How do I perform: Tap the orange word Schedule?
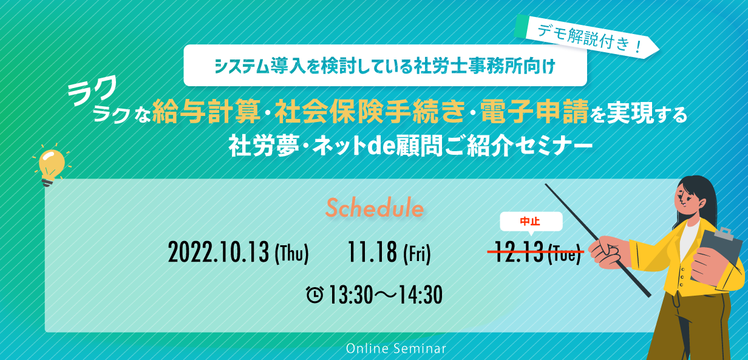[375, 208]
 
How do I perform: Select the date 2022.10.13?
[219, 253]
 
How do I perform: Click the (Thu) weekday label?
[291, 254]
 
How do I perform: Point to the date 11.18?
[372, 253]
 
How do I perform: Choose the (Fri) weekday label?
[417, 254]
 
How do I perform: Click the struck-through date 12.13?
[518, 252]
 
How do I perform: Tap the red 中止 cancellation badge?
[531, 222]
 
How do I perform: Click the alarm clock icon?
[314, 294]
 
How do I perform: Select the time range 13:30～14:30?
[386, 295]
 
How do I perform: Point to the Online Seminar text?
[396, 348]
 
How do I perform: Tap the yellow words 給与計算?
[206, 111]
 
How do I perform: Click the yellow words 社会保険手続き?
[370, 111]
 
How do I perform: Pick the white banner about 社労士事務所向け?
[385, 66]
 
